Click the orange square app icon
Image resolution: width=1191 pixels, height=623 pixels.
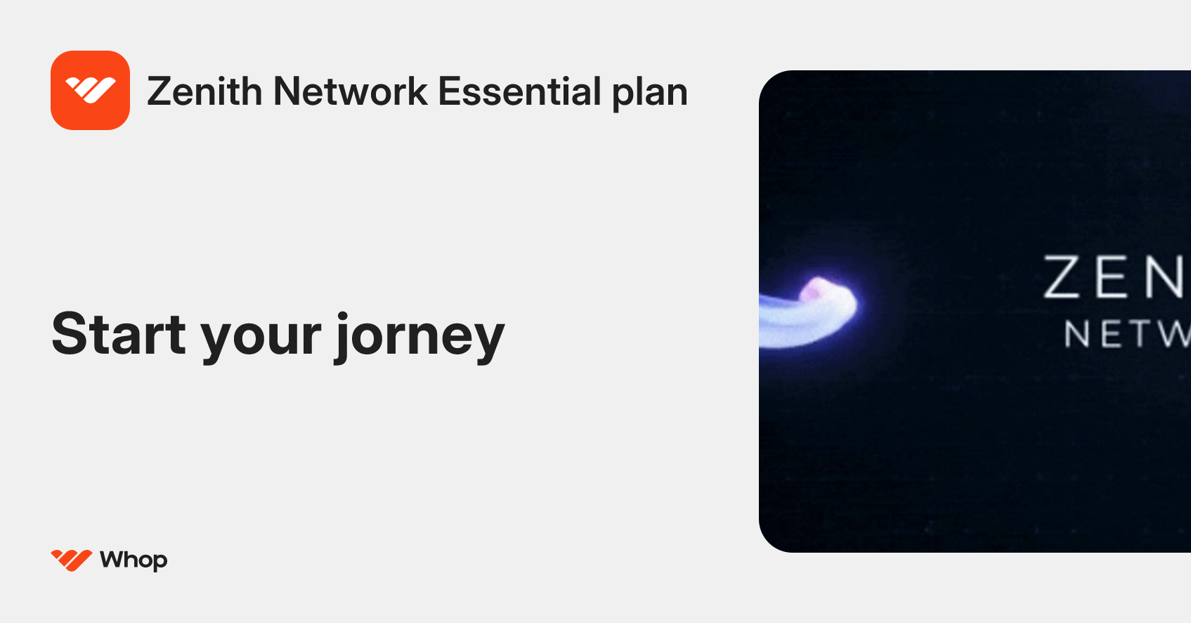click(x=90, y=90)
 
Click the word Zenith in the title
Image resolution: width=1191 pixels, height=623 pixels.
click(x=204, y=92)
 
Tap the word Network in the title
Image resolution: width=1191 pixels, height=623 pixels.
click(x=350, y=92)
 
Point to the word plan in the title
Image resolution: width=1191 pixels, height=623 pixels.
click(x=649, y=94)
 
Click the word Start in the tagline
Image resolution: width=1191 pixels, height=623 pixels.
click(x=118, y=335)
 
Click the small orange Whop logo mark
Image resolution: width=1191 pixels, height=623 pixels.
click(x=71, y=560)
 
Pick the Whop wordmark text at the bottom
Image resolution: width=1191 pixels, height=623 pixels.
click(x=134, y=560)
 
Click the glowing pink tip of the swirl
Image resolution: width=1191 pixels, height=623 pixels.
click(x=817, y=289)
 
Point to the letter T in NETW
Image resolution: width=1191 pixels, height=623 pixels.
click(x=1139, y=334)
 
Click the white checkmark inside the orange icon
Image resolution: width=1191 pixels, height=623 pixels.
click(x=90, y=89)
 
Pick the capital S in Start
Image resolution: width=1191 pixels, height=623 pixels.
click(x=70, y=334)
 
